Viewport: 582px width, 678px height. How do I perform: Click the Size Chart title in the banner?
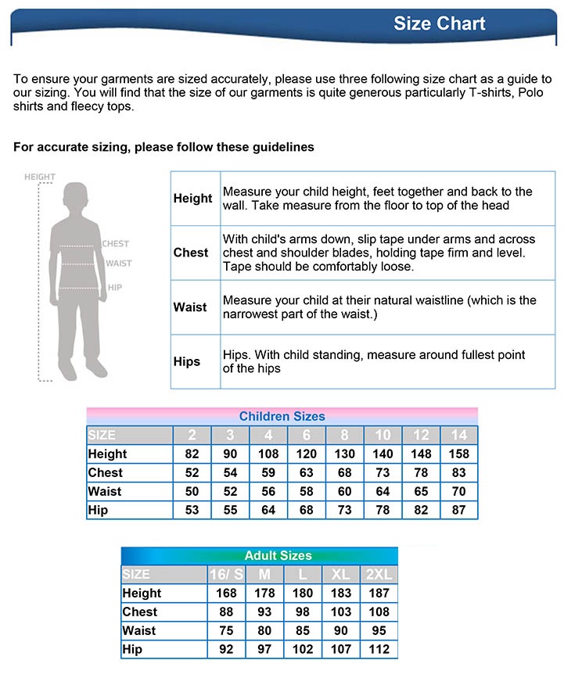click(439, 23)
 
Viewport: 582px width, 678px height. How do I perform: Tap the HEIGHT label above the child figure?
click(40, 177)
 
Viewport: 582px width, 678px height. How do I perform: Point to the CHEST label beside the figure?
click(116, 244)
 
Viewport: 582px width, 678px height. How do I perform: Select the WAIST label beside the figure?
click(118, 264)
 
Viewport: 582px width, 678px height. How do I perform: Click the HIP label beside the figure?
click(115, 288)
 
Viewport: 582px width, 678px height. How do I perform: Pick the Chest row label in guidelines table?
click(191, 253)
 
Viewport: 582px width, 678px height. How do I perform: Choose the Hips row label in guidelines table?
click(187, 361)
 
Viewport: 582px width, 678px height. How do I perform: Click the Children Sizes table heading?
click(282, 416)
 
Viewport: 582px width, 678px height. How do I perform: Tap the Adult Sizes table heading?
click(278, 555)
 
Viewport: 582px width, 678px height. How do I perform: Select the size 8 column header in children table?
click(344, 435)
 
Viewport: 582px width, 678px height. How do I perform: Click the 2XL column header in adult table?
click(379, 574)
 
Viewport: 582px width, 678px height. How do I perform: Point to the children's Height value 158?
click(458, 454)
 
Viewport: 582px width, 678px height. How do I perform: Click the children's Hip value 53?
click(192, 510)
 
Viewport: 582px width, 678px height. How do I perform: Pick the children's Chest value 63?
click(306, 472)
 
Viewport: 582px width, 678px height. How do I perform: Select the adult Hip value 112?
click(379, 649)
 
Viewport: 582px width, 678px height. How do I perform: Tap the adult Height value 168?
click(227, 593)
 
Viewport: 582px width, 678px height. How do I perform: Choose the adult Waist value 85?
click(302, 630)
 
